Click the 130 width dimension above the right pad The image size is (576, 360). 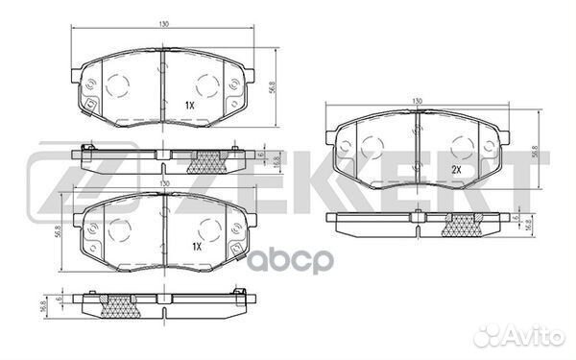pos(417,101)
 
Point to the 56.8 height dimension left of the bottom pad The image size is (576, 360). pos(58,230)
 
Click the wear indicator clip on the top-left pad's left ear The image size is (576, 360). pos(90,105)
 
